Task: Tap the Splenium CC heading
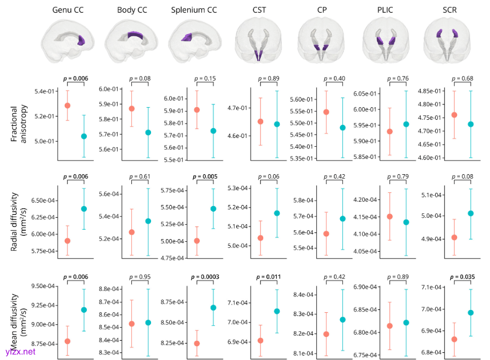pos(194,10)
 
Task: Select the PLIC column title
pos(386,10)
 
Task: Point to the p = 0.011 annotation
pos(269,276)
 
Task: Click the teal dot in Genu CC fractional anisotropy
pos(84,136)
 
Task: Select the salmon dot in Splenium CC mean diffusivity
pos(197,344)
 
